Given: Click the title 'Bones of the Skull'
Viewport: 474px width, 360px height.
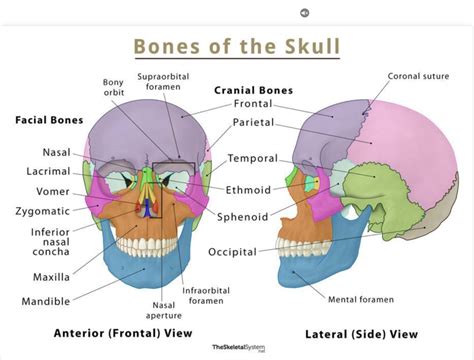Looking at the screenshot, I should pos(236,47).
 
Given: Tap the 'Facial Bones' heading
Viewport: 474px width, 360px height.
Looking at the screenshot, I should pos(48,118).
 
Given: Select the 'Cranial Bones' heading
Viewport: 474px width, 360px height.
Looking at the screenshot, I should pos(253,89).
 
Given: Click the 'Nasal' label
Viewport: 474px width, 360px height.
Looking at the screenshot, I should pos(56,152).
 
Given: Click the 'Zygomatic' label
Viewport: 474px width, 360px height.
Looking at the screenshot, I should pos(42,211).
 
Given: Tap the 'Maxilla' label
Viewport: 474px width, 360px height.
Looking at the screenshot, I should pos(49,276).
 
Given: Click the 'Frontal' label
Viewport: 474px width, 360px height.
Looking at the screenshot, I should pos(253,103).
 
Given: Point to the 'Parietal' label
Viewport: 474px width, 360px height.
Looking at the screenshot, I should pos(255,124).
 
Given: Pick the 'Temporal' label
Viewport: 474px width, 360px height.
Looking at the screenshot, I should pos(252,158).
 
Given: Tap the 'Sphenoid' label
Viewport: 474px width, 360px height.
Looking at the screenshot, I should pos(247,215).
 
